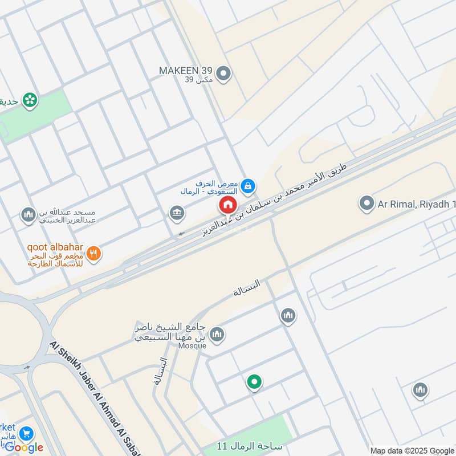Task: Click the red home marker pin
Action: coord(227,205)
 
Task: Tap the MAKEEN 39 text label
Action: coord(185,70)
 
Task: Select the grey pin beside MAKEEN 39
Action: coord(224,74)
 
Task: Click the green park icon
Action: coord(30,101)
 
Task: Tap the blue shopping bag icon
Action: coord(248,186)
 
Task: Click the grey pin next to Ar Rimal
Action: coord(367,203)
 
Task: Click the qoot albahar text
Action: coord(55,248)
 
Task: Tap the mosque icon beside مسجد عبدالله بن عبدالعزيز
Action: coord(27,215)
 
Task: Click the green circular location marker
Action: coord(254,382)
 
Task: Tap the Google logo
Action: coord(24,447)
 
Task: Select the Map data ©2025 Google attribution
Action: coord(412,450)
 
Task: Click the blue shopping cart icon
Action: coord(26,434)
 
